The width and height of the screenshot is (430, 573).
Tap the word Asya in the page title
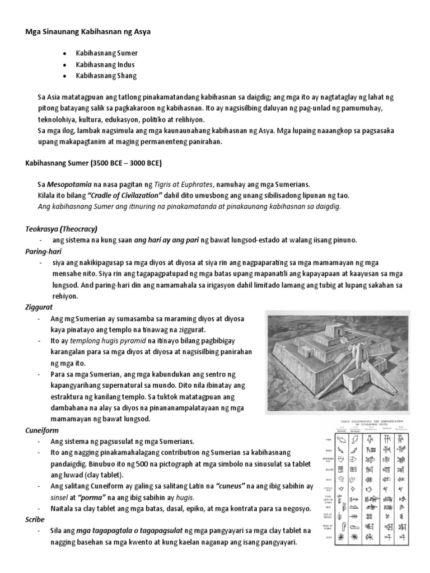(x=142, y=32)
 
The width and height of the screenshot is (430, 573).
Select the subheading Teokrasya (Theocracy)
(x=61, y=229)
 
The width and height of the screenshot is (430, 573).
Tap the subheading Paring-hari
(x=43, y=251)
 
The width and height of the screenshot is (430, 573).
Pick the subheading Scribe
(x=35, y=520)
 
